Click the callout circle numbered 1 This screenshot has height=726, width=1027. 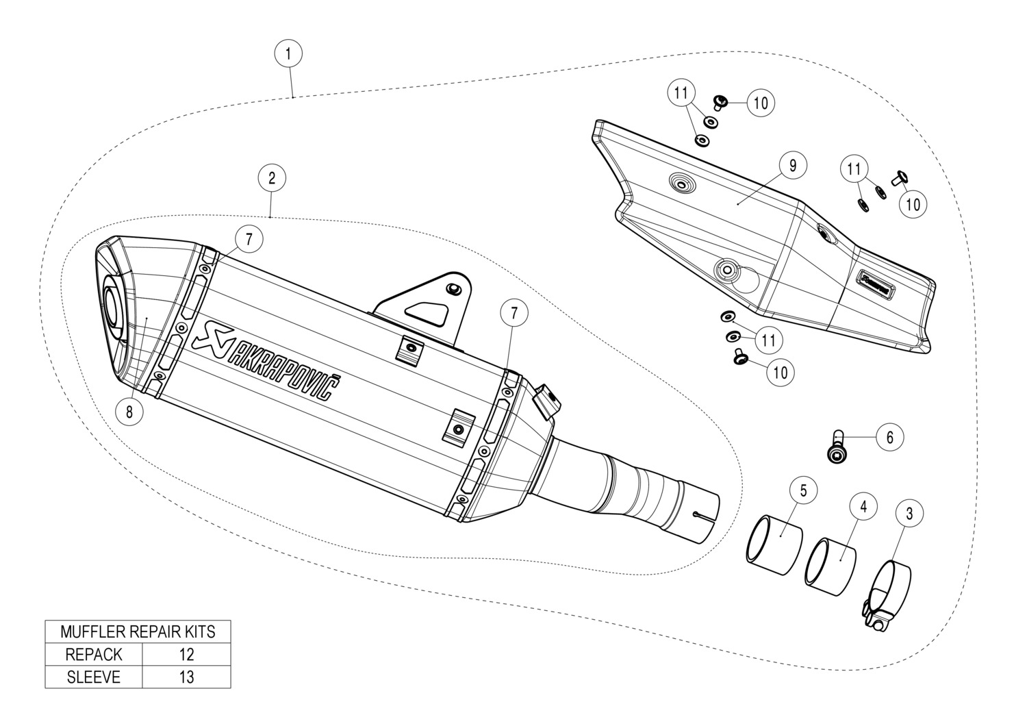[x=288, y=53]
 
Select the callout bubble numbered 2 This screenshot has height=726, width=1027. [x=272, y=178]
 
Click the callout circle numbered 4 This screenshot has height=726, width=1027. [x=863, y=506]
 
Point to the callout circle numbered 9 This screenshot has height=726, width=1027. [x=793, y=165]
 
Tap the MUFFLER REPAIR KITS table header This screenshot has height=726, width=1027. [x=138, y=631]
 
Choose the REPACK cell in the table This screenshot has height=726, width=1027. [x=94, y=654]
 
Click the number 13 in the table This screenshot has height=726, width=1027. [x=186, y=677]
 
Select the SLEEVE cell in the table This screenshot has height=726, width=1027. [x=94, y=677]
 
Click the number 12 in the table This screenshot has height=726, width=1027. [x=186, y=654]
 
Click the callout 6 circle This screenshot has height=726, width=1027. [x=889, y=436]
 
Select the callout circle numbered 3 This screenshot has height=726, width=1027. [x=909, y=512]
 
